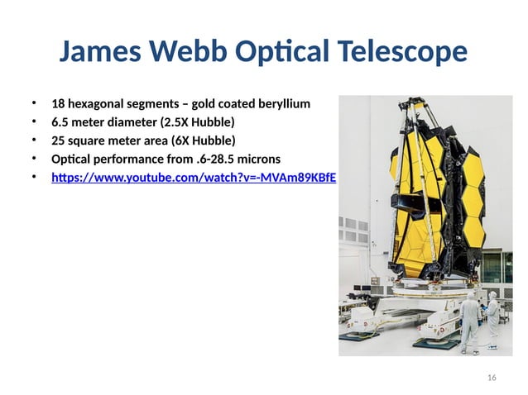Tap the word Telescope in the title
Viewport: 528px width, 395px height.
402,53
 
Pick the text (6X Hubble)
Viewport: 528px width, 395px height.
204,140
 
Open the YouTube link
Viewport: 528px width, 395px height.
194,177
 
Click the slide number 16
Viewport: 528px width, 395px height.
492,378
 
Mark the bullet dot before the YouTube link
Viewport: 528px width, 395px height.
35,177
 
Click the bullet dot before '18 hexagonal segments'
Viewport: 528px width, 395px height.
35,104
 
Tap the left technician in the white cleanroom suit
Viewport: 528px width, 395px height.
469,318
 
